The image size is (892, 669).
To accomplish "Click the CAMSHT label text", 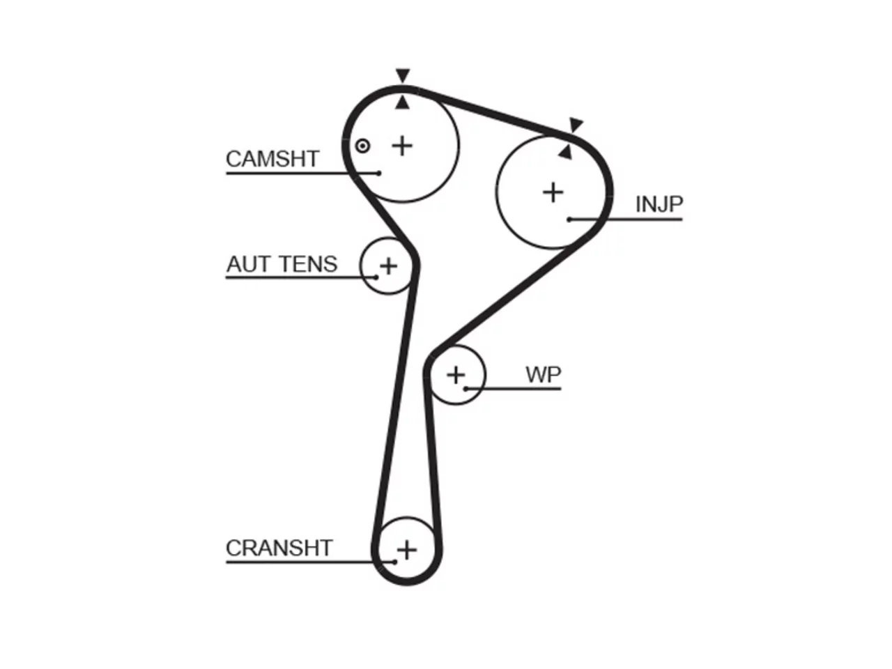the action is click(x=272, y=159).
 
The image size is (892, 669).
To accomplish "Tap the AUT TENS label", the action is click(x=282, y=264).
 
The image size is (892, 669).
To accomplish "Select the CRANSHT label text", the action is click(x=279, y=548).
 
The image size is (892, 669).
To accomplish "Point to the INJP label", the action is click(x=659, y=204).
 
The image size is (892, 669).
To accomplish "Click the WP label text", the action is click(x=544, y=374).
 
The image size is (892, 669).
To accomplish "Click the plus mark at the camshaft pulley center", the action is click(x=402, y=146).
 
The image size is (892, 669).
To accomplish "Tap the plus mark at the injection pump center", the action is click(x=553, y=192).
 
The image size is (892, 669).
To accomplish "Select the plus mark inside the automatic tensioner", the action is click(x=388, y=266).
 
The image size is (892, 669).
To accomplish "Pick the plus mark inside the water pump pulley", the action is click(x=456, y=374).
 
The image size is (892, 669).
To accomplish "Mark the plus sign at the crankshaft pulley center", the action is click(x=407, y=550).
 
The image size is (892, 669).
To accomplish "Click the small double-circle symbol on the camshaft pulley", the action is click(x=362, y=146).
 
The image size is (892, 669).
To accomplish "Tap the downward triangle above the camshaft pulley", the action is click(x=403, y=75).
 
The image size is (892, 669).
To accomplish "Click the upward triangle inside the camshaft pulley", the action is click(x=402, y=102).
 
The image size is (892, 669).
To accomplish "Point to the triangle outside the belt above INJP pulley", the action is click(x=575, y=124).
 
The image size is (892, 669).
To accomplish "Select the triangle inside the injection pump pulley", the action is click(x=566, y=153).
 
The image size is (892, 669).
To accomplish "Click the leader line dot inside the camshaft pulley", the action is click(x=378, y=174).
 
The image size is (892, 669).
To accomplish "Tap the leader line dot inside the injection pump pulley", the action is click(x=570, y=220).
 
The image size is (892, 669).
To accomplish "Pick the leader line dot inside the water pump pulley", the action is click(x=466, y=389).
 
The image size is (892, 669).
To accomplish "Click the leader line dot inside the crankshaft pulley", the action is click(x=394, y=562).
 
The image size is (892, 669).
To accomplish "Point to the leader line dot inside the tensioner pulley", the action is click(x=376, y=278).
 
